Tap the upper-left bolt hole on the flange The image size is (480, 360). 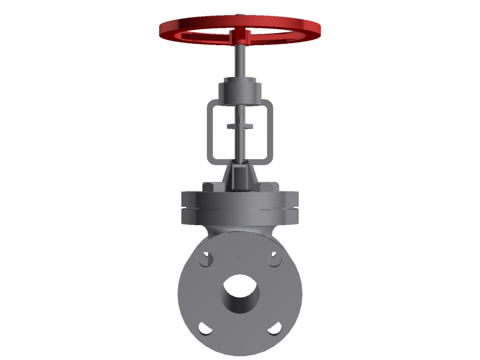pyautogui.click(x=206, y=260)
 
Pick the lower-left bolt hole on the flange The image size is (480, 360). pyautogui.click(x=205, y=328)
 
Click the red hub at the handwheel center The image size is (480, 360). pyautogui.click(x=239, y=36)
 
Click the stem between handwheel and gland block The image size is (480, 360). pyautogui.click(x=239, y=60)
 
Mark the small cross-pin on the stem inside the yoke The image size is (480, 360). pyautogui.click(x=239, y=127)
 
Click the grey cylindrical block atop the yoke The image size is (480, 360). pyautogui.click(x=239, y=89)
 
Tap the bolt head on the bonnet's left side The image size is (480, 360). pyautogui.click(x=208, y=187)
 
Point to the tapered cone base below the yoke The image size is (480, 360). pyautogui.click(x=239, y=177)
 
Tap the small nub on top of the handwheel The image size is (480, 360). pyautogui.click(x=239, y=16)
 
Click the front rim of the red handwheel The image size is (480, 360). pyautogui.click(x=240, y=44)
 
